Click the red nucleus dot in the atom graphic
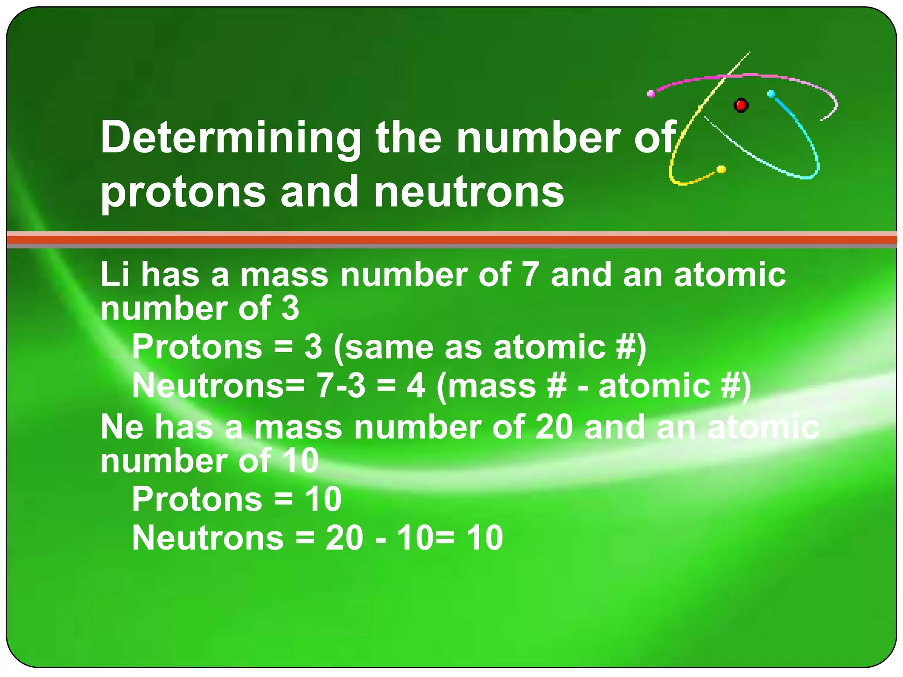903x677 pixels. pos(741,105)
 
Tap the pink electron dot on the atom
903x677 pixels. pos(651,93)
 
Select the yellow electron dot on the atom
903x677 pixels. pos(721,169)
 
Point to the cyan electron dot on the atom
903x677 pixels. pos(771,94)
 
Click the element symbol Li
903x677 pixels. pos(115,275)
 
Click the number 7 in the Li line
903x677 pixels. pos(530,275)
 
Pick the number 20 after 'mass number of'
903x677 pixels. pos(554,427)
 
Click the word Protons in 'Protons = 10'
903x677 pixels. pos(197,499)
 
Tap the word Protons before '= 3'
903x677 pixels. pos(197,347)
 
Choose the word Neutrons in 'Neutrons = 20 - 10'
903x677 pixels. pos(208,538)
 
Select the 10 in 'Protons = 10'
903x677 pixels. pos(323,499)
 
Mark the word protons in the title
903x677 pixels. pos(183,192)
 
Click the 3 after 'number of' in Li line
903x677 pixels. pos(291,308)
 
